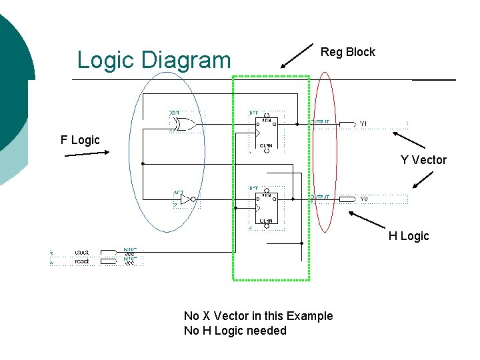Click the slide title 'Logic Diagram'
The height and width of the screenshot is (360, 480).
(153, 60)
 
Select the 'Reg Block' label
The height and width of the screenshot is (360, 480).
(347, 52)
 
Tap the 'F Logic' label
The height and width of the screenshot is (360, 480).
(80, 140)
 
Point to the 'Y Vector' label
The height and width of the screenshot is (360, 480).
(423, 160)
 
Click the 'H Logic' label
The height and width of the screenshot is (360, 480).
(409, 236)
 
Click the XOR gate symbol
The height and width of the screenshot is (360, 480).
(183, 124)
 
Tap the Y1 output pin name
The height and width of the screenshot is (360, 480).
(364, 124)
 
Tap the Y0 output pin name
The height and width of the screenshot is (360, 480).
(364, 199)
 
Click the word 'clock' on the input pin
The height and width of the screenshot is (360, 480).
(82, 253)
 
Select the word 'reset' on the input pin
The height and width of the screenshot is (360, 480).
(82, 261)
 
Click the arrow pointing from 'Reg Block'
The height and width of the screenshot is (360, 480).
(297, 57)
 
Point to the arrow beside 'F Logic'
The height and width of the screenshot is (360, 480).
(87, 153)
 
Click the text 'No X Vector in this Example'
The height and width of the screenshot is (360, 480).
(258, 316)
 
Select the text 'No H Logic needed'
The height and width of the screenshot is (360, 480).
(235, 331)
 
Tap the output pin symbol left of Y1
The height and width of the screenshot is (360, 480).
(347, 124)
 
